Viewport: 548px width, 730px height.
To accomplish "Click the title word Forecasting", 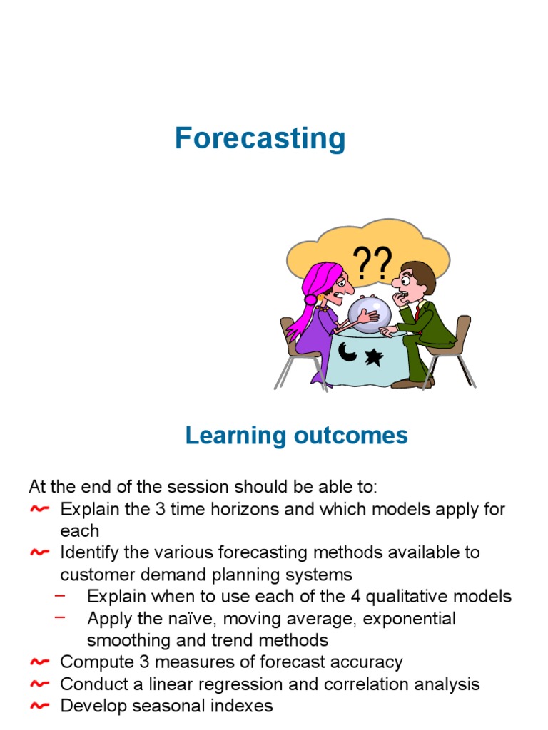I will tap(260, 138).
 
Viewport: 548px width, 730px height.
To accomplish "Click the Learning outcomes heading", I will tap(296, 435).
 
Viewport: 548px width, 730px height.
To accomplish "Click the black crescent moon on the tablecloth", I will tap(348, 352).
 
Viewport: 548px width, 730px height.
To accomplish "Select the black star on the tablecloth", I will tap(374, 356).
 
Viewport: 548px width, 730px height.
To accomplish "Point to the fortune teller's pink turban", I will tap(321, 274).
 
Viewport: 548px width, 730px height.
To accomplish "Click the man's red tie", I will tap(417, 312).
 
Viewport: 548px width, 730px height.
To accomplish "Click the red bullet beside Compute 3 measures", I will tap(41, 662).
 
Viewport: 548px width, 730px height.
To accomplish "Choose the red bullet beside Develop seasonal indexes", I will tap(41, 706).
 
